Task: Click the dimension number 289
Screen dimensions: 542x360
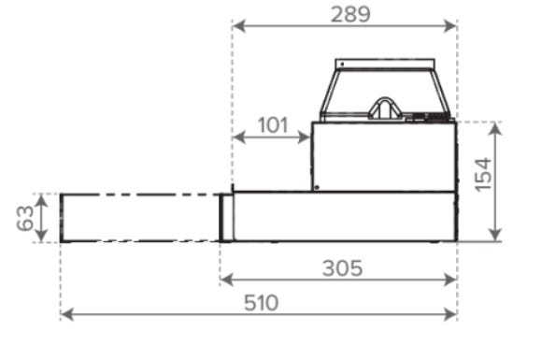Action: click(x=350, y=15)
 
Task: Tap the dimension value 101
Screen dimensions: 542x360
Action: click(x=273, y=125)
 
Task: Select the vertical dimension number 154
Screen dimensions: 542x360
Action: click(x=483, y=175)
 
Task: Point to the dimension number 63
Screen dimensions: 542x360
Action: click(x=25, y=218)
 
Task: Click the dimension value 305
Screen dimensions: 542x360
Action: click(x=342, y=268)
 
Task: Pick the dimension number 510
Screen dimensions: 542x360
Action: click(x=261, y=303)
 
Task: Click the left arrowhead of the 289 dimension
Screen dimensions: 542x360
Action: click(x=239, y=26)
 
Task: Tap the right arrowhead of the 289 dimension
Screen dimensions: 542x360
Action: click(x=450, y=26)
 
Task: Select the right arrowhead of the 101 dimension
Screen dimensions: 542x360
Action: click(x=305, y=137)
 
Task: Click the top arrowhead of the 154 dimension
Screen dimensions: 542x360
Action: click(x=496, y=129)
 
